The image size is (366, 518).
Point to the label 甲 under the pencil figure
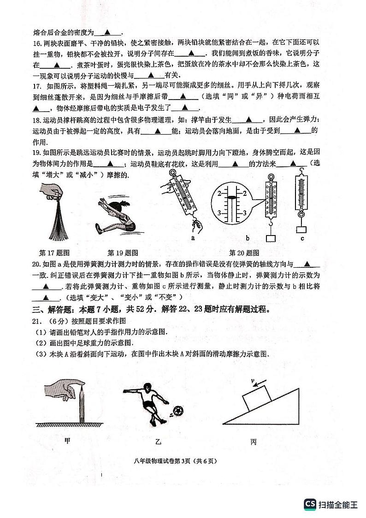tap(68, 441)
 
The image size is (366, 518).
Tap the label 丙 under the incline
tap(253, 442)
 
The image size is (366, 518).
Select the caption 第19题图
tap(123, 253)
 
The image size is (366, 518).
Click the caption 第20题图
tap(244, 253)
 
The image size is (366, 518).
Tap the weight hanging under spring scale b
tap(271, 239)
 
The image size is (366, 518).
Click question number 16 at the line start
tap(37, 43)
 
